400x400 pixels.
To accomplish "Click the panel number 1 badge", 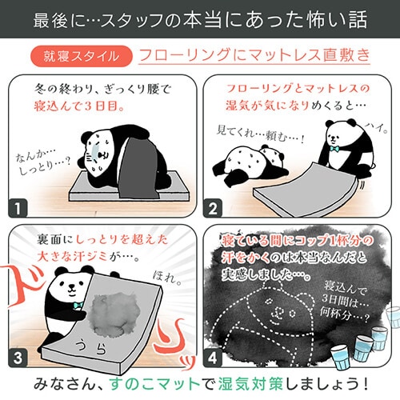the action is pyautogui.click(x=18, y=208).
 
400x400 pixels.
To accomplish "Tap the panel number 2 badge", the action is pyautogui.click(x=213, y=208).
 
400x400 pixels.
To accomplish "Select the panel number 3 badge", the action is pyautogui.click(x=18, y=358).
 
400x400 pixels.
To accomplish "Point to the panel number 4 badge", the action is pyautogui.click(x=213, y=358).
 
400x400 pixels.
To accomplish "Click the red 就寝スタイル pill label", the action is pyautogui.click(x=82, y=56).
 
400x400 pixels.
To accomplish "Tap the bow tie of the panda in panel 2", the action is pyautogui.click(x=334, y=149).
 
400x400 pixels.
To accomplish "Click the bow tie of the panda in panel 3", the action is pyautogui.click(x=78, y=305).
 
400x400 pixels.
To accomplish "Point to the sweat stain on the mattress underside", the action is pyautogui.click(x=115, y=314).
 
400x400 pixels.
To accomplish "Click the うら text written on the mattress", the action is pyautogui.click(x=91, y=346).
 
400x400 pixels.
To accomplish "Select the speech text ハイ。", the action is pyautogui.click(x=376, y=128).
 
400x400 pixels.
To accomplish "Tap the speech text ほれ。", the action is pyautogui.click(x=167, y=278).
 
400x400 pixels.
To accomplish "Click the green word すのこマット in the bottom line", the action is pyautogui.click(x=155, y=384).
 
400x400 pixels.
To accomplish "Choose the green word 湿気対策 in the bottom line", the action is pyautogui.click(x=250, y=384).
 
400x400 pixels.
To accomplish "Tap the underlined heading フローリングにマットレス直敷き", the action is pyautogui.click(x=254, y=55).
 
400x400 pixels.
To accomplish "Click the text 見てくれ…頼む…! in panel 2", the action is pyautogui.click(x=260, y=134).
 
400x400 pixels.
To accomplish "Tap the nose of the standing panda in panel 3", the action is pyautogui.click(x=71, y=286).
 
